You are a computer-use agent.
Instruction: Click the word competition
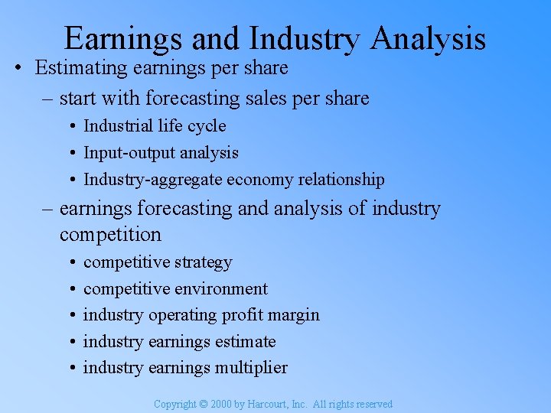click(110, 234)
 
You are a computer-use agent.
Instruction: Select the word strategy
click(203, 262)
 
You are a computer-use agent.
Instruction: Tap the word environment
click(221, 289)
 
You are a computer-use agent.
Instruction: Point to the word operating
click(184, 315)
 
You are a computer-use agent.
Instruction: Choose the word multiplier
click(251, 368)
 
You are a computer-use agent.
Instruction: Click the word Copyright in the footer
click(174, 404)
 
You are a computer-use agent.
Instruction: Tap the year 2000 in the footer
click(220, 404)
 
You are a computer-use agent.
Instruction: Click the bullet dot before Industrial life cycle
click(70, 126)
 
